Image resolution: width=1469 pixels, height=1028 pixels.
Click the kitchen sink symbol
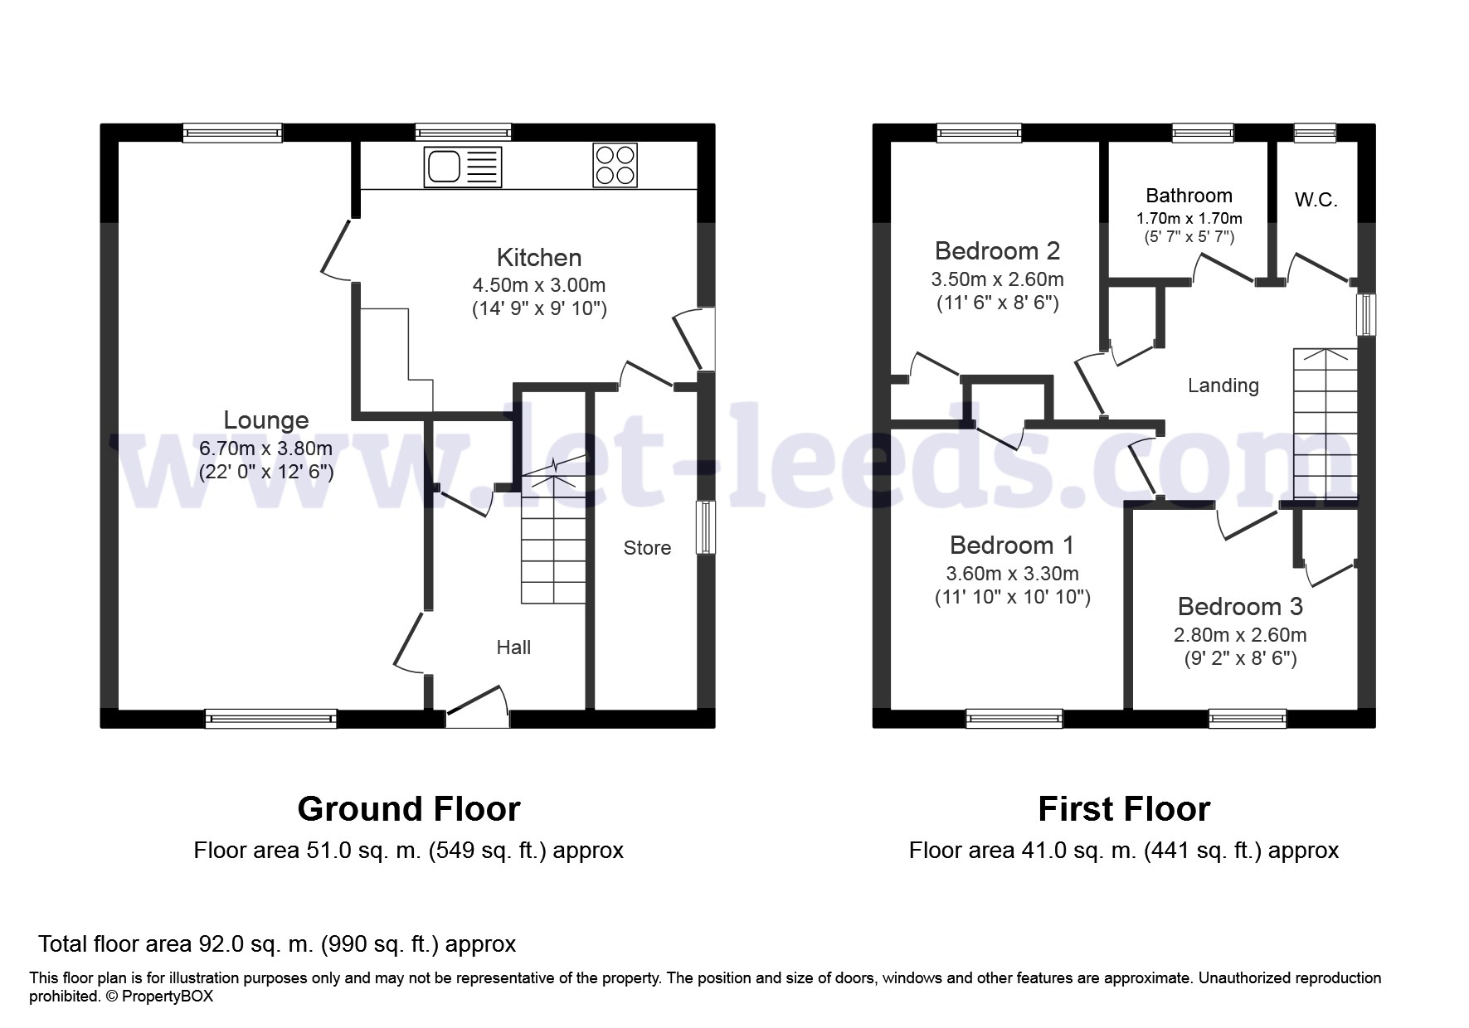(x=463, y=167)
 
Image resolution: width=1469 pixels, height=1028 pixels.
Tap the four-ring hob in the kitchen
(x=615, y=165)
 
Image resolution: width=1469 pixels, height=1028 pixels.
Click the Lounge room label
(x=266, y=420)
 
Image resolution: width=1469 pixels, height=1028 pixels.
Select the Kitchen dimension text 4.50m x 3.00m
(x=539, y=285)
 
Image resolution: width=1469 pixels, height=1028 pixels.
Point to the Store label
(x=647, y=548)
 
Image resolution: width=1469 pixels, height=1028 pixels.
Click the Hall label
(x=513, y=647)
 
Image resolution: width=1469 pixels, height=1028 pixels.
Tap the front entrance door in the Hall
(x=478, y=709)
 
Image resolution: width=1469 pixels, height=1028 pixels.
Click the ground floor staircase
(x=553, y=539)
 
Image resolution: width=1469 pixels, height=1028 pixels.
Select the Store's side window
(x=706, y=527)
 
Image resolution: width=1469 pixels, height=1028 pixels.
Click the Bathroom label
(x=1189, y=196)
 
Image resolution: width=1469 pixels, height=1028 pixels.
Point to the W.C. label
(x=1316, y=200)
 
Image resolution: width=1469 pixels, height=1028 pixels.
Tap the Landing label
(x=1223, y=385)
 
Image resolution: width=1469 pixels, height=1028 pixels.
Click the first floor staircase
(x=1326, y=424)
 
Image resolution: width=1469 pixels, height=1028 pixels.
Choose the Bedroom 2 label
(x=997, y=250)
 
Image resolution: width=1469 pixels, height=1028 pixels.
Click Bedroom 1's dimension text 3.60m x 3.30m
(x=1012, y=574)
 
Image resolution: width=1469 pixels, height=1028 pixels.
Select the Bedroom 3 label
(x=1240, y=607)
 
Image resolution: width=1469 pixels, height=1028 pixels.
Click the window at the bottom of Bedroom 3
(x=1248, y=718)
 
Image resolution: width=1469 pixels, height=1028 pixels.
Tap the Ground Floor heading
(x=409, y=809)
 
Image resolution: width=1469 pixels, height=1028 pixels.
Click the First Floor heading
(x=1124, y=809)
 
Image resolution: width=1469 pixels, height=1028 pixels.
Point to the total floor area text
(x=277, y=944)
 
